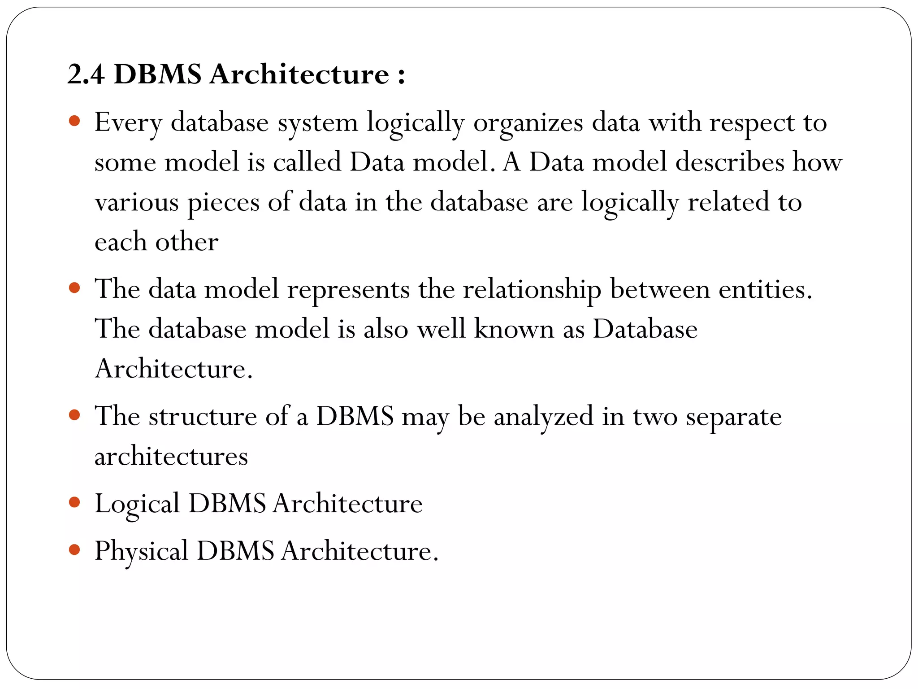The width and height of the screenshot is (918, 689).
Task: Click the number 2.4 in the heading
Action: (86, 74)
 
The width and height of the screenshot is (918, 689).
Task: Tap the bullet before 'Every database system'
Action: (75, 121)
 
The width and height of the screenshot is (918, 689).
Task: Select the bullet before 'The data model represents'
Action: (75, 287)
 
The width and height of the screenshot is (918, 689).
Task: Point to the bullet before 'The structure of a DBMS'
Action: (75, 415)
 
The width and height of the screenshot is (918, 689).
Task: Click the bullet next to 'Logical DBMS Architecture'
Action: (75, 502)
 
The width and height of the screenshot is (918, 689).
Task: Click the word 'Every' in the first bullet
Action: (128, 122)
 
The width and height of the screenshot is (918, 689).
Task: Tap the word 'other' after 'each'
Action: (186, 242)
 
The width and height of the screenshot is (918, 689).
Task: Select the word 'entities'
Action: (765, 288)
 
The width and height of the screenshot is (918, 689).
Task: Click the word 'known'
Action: (514, 329)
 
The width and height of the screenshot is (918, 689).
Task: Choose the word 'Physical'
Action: (141, 551)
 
